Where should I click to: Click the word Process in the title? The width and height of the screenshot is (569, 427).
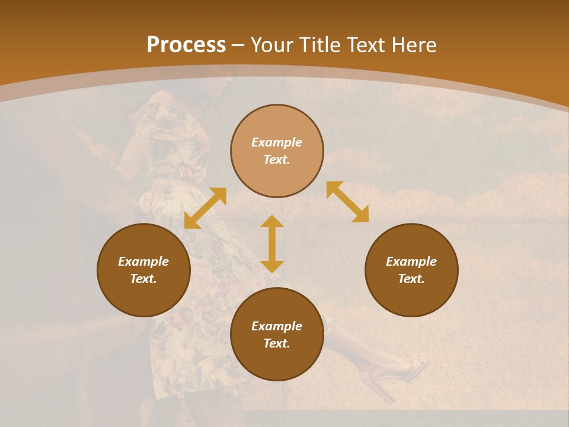186,45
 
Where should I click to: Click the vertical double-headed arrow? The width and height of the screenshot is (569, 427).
272,244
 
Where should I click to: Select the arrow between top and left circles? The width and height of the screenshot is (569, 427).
205,208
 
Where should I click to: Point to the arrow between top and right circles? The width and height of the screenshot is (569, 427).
347,202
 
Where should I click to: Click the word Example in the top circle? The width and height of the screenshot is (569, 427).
277,142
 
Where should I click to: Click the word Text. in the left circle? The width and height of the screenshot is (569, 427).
143,279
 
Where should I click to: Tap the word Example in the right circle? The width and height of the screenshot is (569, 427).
411,262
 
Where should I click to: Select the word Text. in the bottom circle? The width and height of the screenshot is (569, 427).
277,343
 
